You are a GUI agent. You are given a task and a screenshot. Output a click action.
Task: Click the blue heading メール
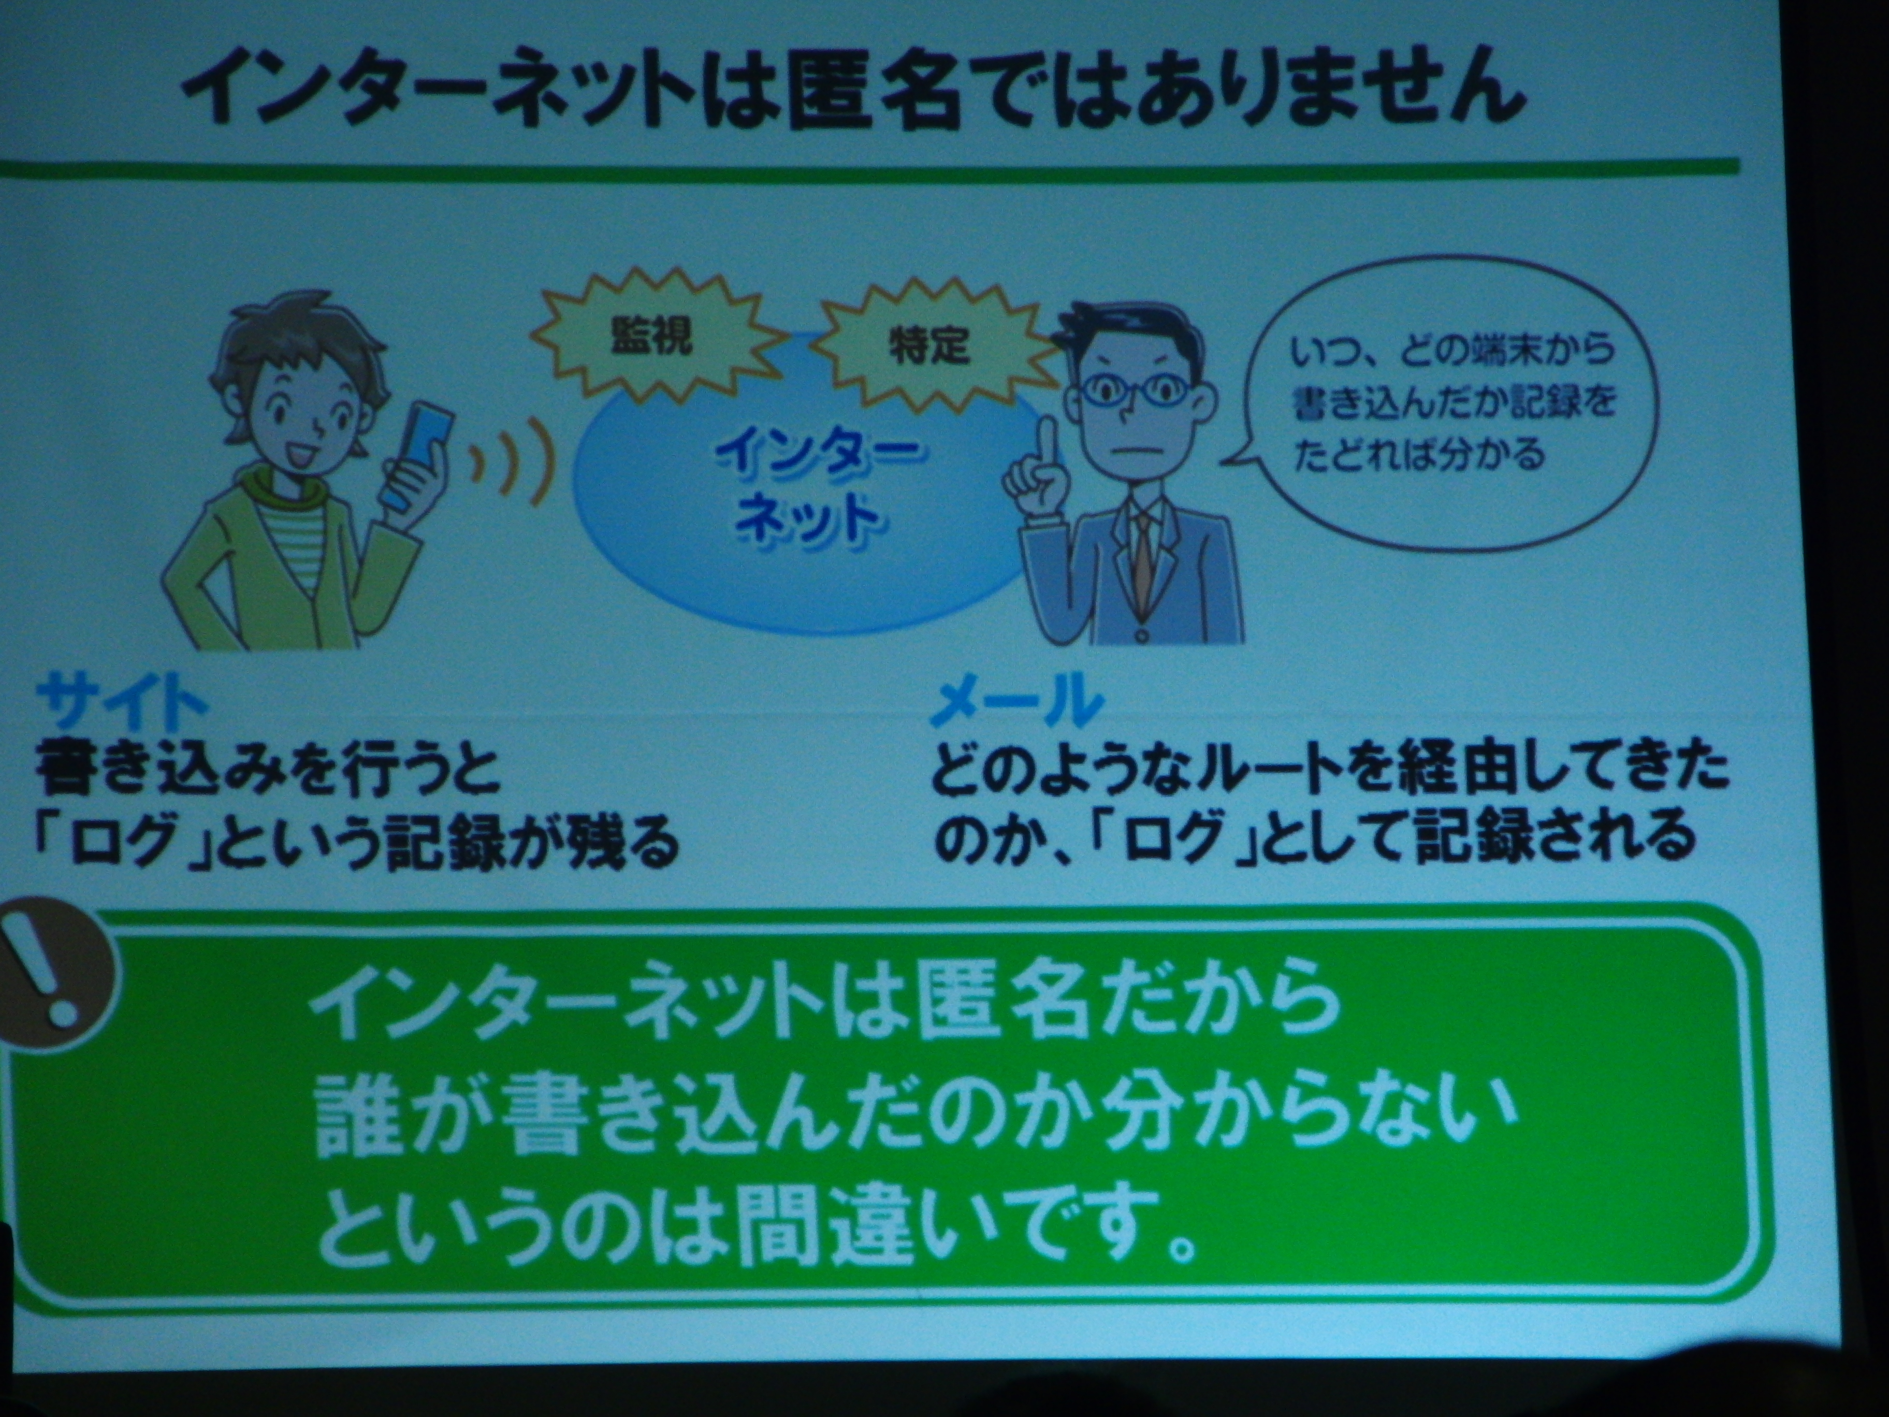click(x=1016, y=705)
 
